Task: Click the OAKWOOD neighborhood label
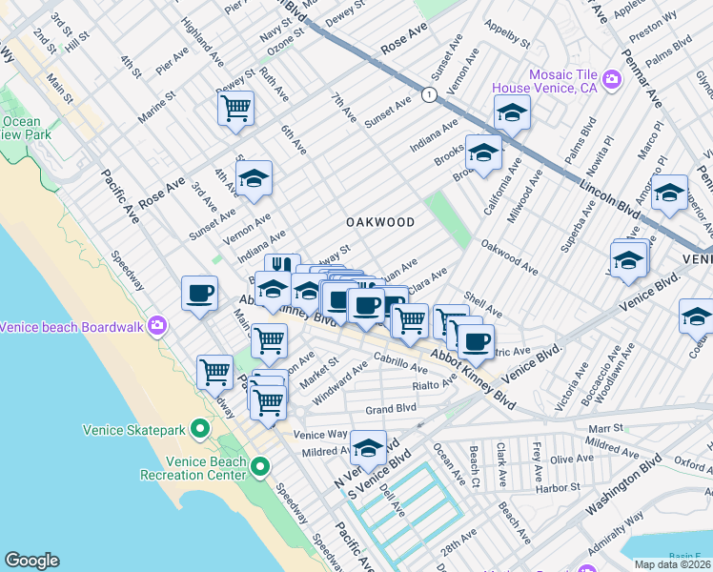click(379, 222)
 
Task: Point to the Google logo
click(31, 561)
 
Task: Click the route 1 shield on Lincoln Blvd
click(430, 94)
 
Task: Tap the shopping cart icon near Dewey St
click(235, 107)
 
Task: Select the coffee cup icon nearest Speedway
click(199, 293)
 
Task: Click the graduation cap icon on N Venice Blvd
click(368, 445)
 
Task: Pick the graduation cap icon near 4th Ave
click(254, 177)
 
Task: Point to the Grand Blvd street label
click(392, 409)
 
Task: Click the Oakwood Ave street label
click(509, 257)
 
